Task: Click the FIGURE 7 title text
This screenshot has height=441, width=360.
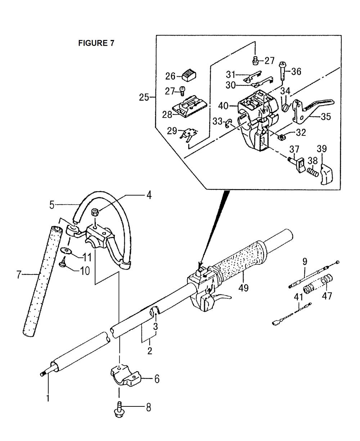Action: point(96,43)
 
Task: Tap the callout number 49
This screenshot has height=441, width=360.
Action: point(243,288)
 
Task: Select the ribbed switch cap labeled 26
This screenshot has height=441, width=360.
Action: point(189,76)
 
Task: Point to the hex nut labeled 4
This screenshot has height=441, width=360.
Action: point(95,213)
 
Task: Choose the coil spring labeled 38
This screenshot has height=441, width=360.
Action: point(313,173)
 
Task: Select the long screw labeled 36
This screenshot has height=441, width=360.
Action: point(283,71)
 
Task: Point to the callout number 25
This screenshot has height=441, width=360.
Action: point(144,97)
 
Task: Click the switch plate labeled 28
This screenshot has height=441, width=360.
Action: point(189,106)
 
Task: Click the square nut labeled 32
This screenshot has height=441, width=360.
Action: point(281,137)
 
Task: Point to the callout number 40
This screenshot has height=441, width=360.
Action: point(223,106)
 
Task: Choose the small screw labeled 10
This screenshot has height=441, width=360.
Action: point(63,263)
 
